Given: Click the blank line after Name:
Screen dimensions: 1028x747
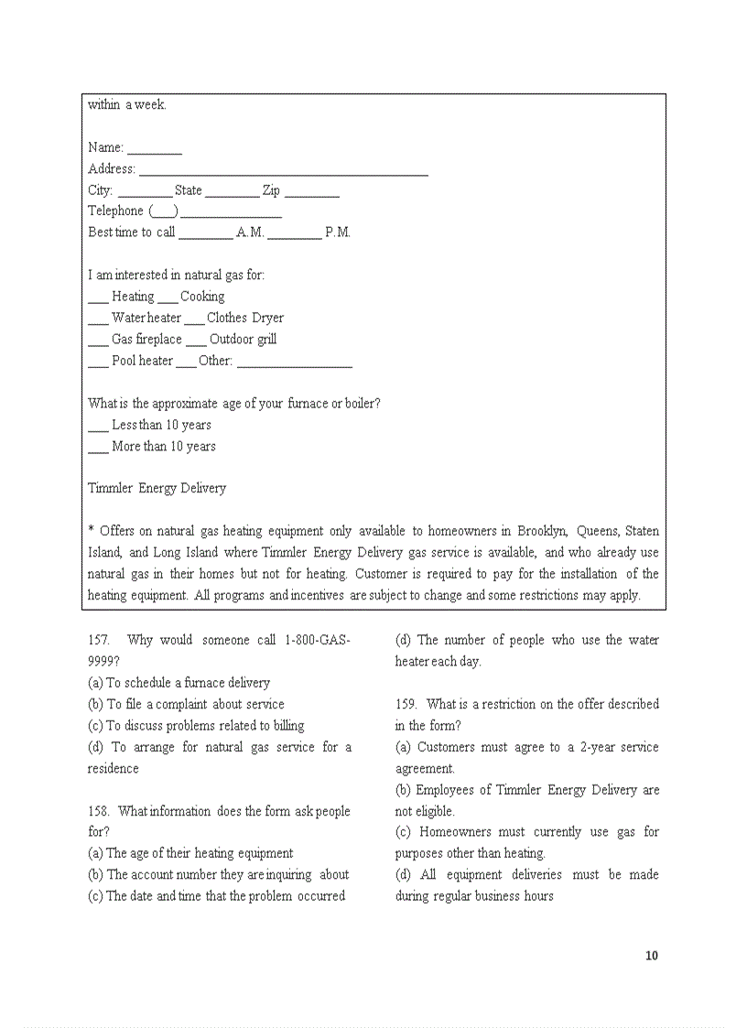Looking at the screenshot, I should coord(154,149).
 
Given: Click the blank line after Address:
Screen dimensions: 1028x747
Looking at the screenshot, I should coord(283,171).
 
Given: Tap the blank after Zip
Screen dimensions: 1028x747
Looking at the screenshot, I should coord(311,192).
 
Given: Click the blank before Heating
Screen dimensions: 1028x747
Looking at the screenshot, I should coord(98,298).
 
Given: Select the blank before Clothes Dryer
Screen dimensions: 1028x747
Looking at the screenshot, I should coord(194,320).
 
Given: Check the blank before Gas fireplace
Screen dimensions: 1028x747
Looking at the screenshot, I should coord(98,341).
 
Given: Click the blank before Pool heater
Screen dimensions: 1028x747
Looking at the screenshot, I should coord(98,363).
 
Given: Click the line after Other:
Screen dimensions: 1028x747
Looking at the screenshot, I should coord(294,363).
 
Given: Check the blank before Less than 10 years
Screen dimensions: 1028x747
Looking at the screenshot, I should coord(98,427).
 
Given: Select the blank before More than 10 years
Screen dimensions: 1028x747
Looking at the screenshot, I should coord(98,449).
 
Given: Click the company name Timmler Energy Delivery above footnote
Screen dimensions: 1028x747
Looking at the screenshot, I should coord(157,489).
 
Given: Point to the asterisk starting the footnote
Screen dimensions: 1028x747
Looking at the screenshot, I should coord(91,531).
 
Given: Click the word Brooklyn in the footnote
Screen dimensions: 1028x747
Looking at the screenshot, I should coord(542,531).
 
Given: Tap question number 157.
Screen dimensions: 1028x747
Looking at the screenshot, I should coord(99,641).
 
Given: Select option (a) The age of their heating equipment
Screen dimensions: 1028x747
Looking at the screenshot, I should coord(190,853).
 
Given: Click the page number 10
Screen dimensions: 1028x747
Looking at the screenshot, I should coord(651,956).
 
